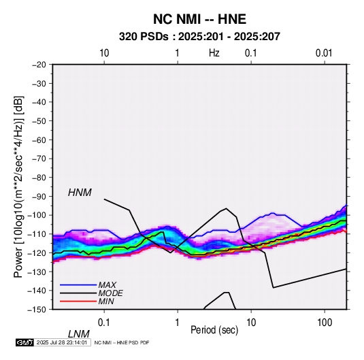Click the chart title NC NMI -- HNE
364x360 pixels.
click(199, 19)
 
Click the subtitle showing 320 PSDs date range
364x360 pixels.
click(199, 37)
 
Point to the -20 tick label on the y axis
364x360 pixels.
click(39, 65)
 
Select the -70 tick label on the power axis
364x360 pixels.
click(39, 159)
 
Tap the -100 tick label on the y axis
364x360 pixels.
click(37, 215)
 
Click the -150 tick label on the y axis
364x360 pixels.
click(37, 310)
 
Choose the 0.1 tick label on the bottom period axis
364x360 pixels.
click(104, 323)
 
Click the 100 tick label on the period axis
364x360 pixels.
click(325, 323)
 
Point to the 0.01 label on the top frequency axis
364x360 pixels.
click(324, 53)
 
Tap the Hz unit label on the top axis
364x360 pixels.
click(214, 53)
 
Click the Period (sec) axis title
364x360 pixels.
click(214, 330)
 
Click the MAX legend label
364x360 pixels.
click(107, 285)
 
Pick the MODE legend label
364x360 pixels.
click(110, 293)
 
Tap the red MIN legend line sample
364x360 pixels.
click(78, 301)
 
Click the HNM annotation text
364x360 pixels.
click(80, 193)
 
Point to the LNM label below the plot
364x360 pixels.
click(78, 334)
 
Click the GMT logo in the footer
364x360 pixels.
click(24, 342)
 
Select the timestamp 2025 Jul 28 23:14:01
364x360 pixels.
click(62, 342)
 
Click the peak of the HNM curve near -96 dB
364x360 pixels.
click(226, 208)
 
